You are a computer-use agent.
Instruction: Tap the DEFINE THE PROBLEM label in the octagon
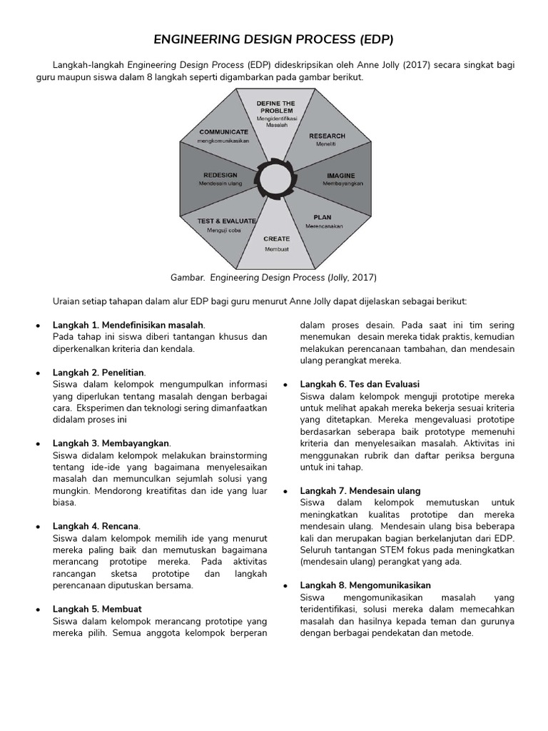[x=276, y=107]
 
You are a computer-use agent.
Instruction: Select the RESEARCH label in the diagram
[x=327, y=136]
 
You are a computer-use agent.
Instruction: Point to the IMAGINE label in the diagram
[x=341, y=176]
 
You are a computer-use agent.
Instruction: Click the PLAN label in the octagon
[x=323, y=217]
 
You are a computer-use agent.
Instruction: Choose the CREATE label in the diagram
[x=276, y=239]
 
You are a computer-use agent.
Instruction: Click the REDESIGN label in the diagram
[x=220, y=176]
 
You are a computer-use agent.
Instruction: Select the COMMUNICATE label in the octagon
[x=224, y=132]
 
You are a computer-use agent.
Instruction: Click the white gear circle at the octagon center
[x=276, y=178]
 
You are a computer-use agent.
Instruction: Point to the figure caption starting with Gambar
[x=273, y=277]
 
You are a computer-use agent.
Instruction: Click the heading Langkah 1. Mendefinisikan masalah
[x=128, y=325]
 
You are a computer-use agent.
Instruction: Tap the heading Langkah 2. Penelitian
[x=98, y=373]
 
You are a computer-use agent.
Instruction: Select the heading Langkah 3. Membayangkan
[x=112, y=443]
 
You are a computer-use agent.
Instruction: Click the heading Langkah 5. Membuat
[x=97, y=609]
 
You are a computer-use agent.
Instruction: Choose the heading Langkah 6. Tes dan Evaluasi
[x=360, y=384]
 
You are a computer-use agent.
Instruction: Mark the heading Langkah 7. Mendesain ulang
[x=360, y=490]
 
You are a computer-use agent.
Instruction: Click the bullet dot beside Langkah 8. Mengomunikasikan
[x=285, y=585]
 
